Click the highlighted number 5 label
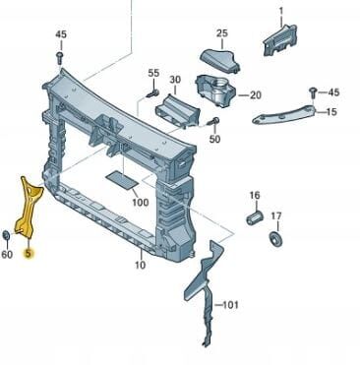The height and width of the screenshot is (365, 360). point(29,253)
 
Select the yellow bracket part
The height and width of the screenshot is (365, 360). point(28,209)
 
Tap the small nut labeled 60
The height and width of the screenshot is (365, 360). point(6,235)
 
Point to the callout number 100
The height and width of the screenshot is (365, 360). point(141,203)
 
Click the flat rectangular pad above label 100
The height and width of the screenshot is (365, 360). point(122,180)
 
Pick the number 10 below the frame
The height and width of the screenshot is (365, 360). point(140,265)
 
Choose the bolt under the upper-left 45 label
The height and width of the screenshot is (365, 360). point(60,58)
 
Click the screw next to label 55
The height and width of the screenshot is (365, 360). point(152,93)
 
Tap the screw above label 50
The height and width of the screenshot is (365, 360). point(212,122)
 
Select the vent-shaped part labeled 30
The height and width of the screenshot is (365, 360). point(177,110)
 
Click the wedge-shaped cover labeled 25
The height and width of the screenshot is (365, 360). point(219,60)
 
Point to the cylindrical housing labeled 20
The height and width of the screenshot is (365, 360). point(215,91)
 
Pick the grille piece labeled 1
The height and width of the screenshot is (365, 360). point(279,40)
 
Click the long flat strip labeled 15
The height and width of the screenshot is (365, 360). point(284,115)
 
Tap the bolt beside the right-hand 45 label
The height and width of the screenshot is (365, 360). point(313,91)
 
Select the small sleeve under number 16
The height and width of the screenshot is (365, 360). point(255,217)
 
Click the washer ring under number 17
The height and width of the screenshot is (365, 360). point(276,239)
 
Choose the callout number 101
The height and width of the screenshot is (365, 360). point(231,305)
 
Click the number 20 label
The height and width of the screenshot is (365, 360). point(256,95)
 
